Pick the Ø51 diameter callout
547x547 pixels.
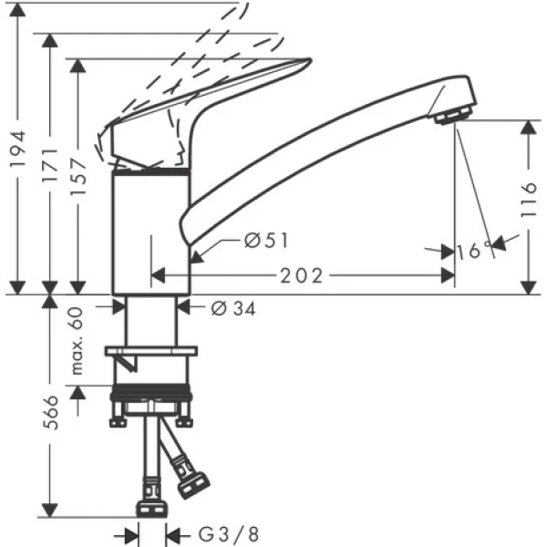click(x=266, y=240)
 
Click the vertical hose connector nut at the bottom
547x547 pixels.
click(x=150, y=506)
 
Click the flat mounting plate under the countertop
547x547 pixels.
click(x=151, y=350)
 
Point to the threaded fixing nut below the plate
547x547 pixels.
click(x=151, y=401)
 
